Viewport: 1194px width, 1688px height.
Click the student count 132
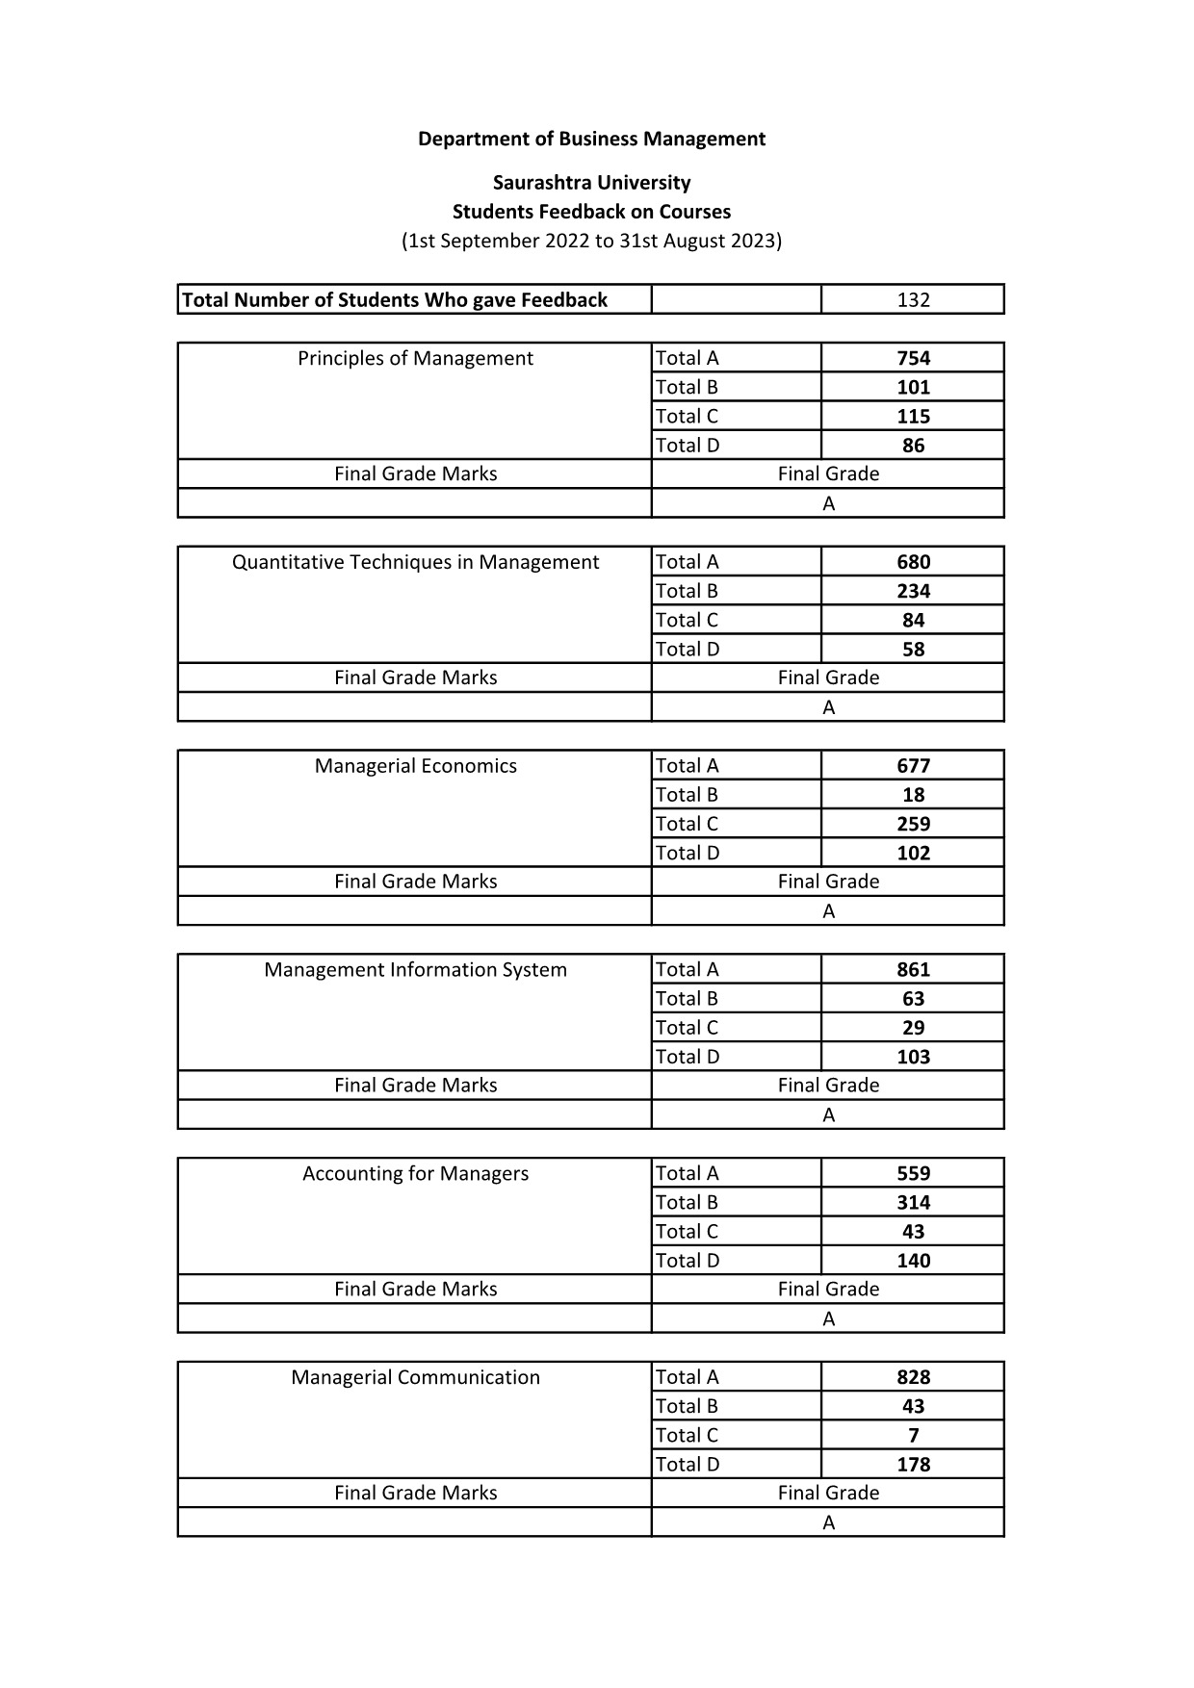(913, 299)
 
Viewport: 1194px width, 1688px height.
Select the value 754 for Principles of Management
(913, 358)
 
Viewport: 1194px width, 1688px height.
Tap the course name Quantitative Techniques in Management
(415, 562)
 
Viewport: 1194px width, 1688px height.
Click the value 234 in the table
(913, 591)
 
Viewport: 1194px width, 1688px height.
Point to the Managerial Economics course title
(415, 766)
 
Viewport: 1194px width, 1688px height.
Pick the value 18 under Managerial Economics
(913, 795)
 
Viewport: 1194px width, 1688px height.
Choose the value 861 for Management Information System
(913, 970)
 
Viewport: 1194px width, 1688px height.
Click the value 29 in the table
(913, 1028)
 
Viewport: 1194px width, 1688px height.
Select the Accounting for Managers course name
(415, 1173)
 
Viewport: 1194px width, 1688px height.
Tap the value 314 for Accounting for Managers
(913, 1202)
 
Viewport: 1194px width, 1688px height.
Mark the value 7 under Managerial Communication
(913, 1435)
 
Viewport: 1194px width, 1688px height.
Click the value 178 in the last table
(913, 1464)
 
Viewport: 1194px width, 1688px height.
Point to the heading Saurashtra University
(591, 182)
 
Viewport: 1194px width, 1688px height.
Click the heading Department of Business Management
(591, 139)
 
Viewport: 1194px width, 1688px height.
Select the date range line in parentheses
(591, 241)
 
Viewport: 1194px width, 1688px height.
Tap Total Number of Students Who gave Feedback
(395, 299)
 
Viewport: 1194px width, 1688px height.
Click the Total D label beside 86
(688, 445)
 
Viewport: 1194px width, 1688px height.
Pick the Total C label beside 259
(687, 824)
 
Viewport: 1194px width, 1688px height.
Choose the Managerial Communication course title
(415, 1377)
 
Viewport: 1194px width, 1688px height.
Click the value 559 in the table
(913, 1173)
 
